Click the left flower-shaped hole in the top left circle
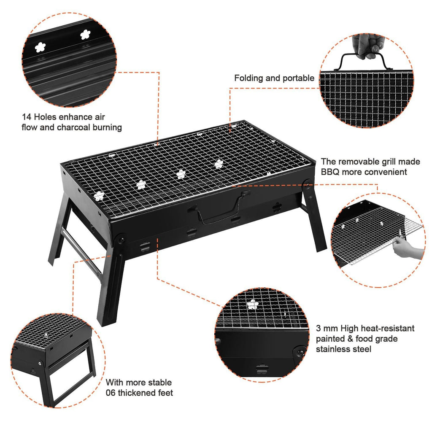point(40,47)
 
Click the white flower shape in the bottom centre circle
point(253,304)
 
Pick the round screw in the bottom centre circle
point(300,351)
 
